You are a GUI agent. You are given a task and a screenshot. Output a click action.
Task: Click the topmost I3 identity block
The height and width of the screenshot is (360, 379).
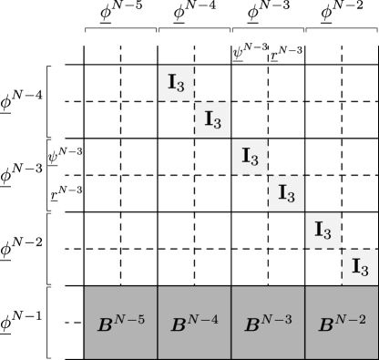176,82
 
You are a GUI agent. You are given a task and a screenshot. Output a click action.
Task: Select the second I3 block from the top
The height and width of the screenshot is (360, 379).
212,119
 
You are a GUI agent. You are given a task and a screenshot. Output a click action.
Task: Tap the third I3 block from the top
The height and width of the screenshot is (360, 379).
250,156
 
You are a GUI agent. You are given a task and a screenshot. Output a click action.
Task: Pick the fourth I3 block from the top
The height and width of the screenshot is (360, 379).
285,193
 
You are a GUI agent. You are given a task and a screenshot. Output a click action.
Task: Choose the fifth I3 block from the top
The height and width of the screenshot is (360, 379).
323,230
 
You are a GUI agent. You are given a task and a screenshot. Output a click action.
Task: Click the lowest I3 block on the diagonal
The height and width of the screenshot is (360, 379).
359,267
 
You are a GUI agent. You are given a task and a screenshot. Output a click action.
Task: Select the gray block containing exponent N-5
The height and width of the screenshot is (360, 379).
121,323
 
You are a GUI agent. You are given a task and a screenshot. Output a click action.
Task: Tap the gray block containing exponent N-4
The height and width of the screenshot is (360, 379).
194,323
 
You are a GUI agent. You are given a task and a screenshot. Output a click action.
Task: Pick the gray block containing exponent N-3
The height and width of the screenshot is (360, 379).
268,323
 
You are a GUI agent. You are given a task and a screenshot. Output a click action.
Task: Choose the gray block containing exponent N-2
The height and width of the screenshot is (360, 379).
341,323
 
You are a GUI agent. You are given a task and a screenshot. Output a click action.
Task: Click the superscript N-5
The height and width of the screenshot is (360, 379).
130,318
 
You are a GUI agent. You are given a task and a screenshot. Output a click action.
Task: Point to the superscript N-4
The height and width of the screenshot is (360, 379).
204,318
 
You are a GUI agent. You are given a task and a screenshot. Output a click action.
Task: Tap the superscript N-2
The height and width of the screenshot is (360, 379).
351,318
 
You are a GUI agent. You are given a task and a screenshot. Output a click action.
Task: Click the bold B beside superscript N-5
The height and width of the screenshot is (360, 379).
104,325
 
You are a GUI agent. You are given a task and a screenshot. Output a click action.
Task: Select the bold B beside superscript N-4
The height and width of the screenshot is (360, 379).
178,325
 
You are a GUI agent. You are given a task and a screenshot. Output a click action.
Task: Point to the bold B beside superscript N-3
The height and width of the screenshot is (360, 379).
251,325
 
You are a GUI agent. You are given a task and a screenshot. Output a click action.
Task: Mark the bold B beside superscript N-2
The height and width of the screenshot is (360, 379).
324,325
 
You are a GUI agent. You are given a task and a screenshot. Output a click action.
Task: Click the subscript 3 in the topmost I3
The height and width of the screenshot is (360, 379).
182,87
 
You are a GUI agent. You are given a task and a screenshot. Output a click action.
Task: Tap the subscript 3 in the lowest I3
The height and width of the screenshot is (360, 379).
365,272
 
